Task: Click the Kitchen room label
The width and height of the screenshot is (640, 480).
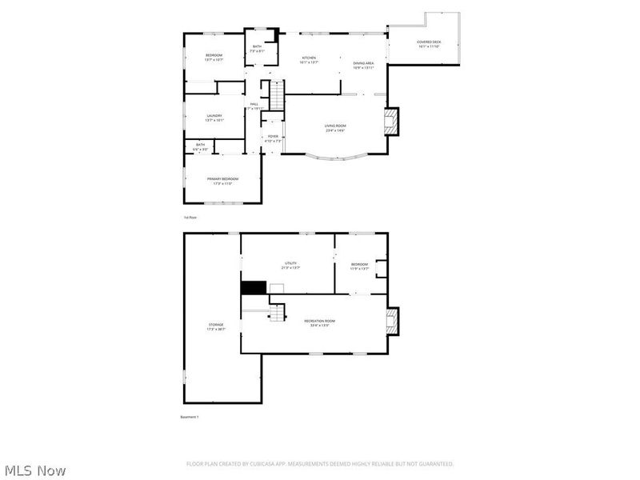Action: click(310, 58)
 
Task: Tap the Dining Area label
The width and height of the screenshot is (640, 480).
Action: click(364, 62)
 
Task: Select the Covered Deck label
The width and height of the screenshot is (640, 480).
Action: click(429, 42)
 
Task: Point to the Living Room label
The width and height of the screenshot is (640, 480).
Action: click(334, 126)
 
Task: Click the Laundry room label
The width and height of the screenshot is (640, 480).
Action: click(214, 115)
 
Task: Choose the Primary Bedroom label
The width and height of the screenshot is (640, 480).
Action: click(223, 178)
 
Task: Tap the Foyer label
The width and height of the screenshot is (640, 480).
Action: click(274, 137)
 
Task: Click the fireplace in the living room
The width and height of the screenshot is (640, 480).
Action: click(391, 122)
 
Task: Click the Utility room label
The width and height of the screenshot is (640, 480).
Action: click(290, 263)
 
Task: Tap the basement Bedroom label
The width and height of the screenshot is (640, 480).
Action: click(360, 265)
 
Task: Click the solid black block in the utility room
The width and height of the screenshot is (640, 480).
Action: click(254, 287)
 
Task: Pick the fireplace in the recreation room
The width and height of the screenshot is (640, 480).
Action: click(391, 322)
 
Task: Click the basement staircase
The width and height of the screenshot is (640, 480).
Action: click(277, 314)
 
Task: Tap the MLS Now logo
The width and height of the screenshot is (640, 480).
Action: click(36, 470)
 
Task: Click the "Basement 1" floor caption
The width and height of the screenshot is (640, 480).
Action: click(189, 417)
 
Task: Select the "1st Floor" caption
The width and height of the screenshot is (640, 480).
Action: click(190, 217)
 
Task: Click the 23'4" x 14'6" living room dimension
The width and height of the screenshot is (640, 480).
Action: click(334, 130)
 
